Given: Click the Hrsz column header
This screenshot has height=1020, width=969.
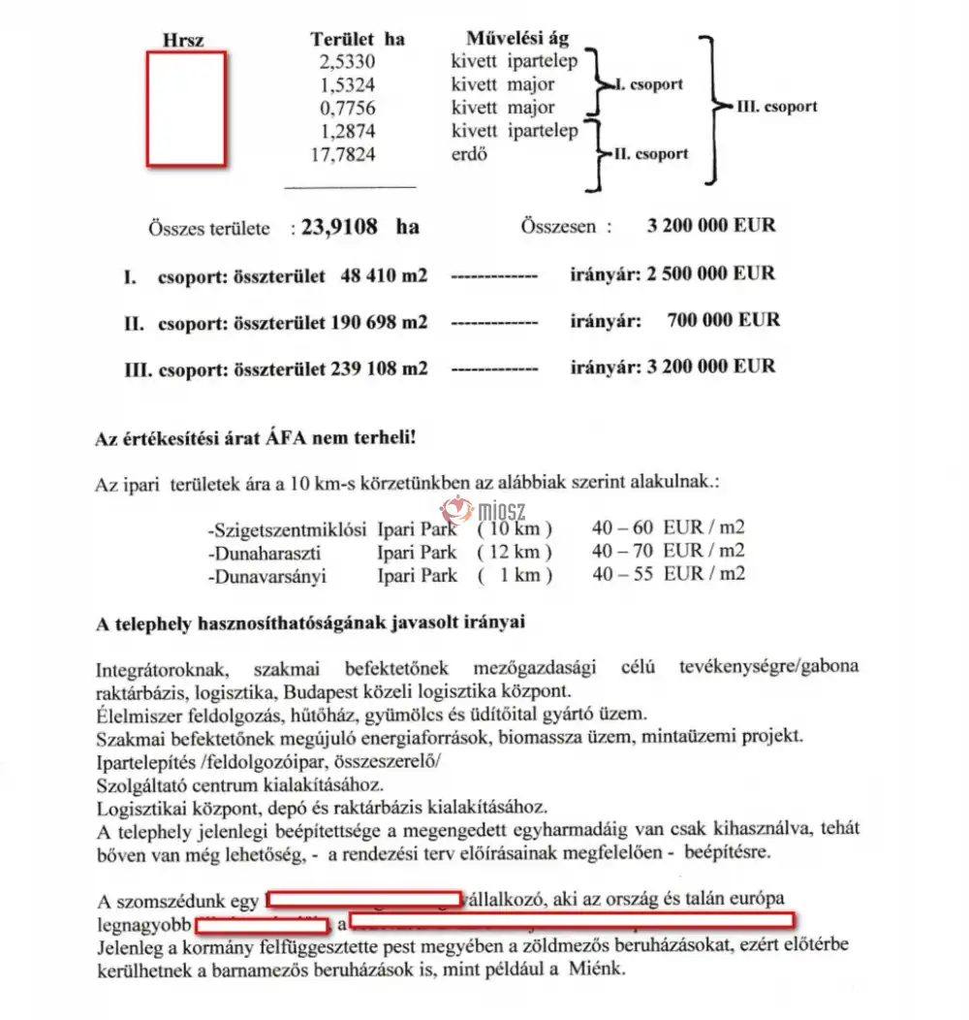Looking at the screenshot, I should [185, 41].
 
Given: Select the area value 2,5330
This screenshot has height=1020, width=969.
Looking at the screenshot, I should [346, 62].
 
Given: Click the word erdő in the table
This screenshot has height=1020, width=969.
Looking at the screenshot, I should [470, 154].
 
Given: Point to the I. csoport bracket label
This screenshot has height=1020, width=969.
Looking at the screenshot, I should [648, 84].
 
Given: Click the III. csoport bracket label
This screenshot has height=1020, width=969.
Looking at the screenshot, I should [776, 106].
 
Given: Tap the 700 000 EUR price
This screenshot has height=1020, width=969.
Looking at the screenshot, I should [723, 320].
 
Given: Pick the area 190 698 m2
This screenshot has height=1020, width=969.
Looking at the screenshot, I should [383, 321].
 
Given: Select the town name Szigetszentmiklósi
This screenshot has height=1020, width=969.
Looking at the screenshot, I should [287, 529].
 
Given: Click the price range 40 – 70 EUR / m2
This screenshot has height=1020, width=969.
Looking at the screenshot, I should [668, 553].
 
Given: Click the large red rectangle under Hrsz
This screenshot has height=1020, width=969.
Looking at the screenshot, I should [186, 108].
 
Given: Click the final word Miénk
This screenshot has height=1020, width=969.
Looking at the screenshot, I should [601, 969].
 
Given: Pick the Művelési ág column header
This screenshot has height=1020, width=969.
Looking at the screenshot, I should [517, 40].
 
